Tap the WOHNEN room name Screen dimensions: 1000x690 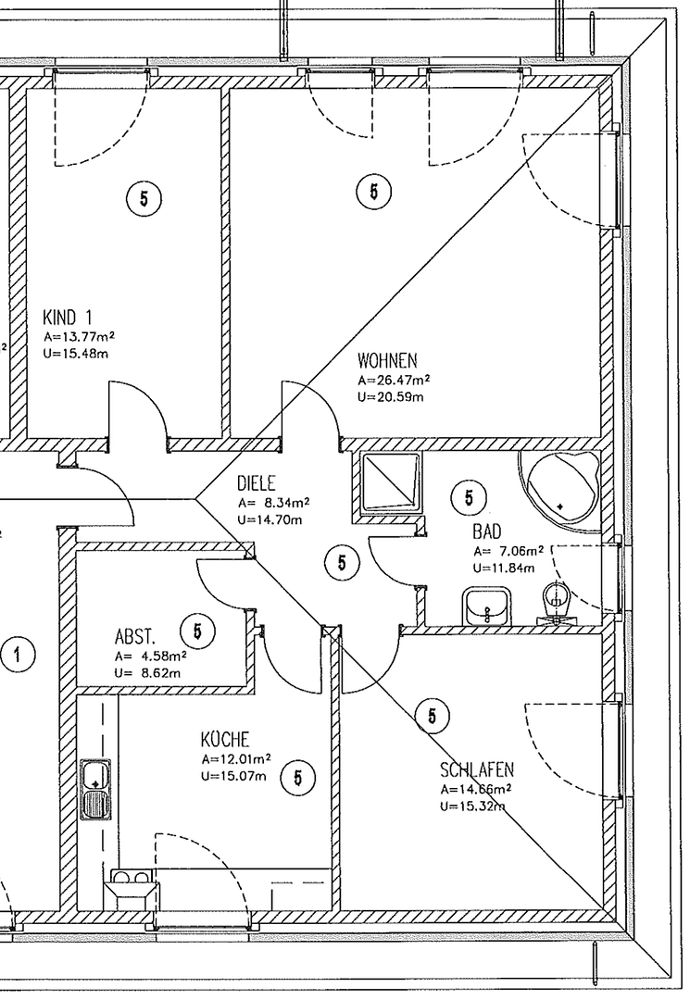click(x=387, y=360)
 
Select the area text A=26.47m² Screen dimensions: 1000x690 click(x=394, y=380)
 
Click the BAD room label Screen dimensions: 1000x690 click(x=487, y=532)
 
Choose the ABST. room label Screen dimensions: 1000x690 click(x=134, y=637)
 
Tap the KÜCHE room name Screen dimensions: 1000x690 click(x=224, y=740)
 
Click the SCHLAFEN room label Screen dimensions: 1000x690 click(x=477, y=770)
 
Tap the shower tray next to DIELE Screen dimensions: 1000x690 click(x=389, y=482)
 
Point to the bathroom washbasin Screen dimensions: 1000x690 click(x=485, y=608)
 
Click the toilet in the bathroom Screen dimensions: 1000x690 click(x=555, y=602)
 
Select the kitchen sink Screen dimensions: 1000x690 click(x=95, y=789)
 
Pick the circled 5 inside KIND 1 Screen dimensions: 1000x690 click(x=144, y=197)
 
